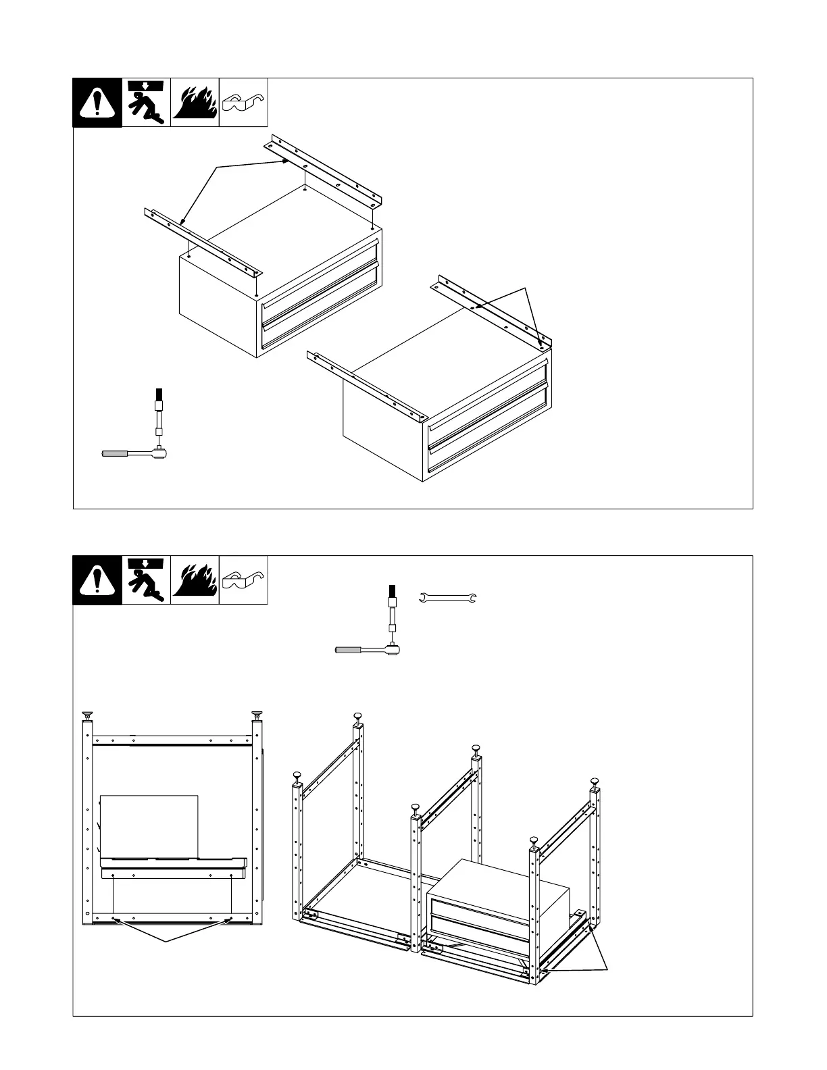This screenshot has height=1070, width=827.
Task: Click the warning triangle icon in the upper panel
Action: [x=97, y=103]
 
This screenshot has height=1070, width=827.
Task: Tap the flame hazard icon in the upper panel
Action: [x=195, y=103]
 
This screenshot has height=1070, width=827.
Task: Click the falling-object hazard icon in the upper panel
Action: [x=146, y=103]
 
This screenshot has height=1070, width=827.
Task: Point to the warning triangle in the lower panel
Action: [x=97, y=580]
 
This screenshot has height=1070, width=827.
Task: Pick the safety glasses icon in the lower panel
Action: [x=243, y=581]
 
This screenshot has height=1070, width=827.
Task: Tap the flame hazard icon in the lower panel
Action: [x=195, y=580]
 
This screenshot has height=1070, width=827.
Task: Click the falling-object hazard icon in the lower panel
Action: [x=146, y=580]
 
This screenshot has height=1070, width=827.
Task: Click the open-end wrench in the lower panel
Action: [x=448, y=597]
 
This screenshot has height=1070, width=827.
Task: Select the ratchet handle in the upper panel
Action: [x=132, y=453]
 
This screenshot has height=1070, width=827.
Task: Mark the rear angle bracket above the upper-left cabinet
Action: [x=327, y=172]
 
